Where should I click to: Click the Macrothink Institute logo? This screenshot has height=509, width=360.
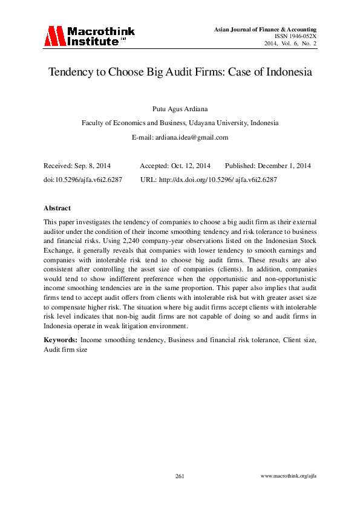(x=89, y=36)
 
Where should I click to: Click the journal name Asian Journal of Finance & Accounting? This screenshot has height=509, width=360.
(x=266, y=30)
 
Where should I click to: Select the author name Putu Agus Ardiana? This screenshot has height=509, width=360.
(x=180, y=109)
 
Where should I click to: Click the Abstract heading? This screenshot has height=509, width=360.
(x=57, y=208)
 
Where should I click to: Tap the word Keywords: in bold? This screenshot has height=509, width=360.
(x=61, y=340)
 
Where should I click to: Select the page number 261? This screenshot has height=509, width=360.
(x=180, y=476)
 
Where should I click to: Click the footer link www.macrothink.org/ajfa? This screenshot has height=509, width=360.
(x=288, y=476)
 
